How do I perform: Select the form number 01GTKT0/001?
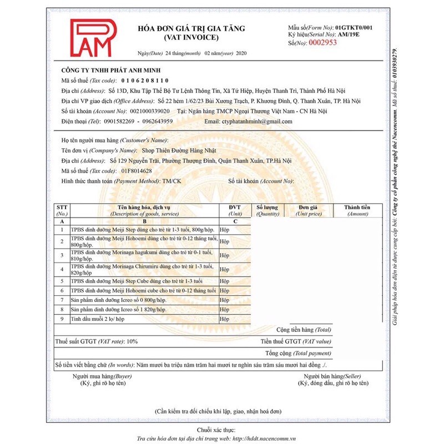click(354, 27)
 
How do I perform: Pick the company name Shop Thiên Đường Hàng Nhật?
click(176, 150)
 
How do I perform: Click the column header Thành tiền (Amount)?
click(357, 210)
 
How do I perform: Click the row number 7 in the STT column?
click(62, 300)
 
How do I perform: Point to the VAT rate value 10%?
click(132, 342)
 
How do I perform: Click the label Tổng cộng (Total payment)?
click(297, 353)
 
